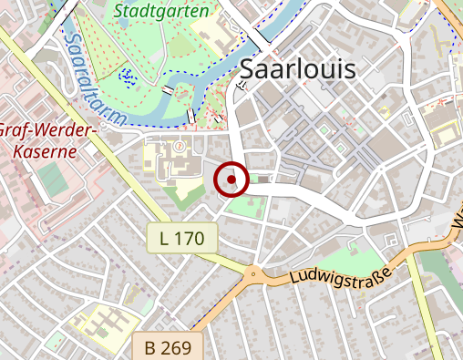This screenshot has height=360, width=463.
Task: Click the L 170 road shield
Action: [182, 239]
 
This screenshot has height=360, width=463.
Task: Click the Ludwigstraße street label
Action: [340, 273]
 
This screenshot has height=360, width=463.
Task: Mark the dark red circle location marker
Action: [232, 180]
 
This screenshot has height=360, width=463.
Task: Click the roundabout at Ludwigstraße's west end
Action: [252, 272]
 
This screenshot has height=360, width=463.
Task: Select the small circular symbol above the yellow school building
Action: [180, 145]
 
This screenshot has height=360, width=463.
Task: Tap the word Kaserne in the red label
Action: [40, 150]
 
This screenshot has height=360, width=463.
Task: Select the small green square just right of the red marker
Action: [263, 180]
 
